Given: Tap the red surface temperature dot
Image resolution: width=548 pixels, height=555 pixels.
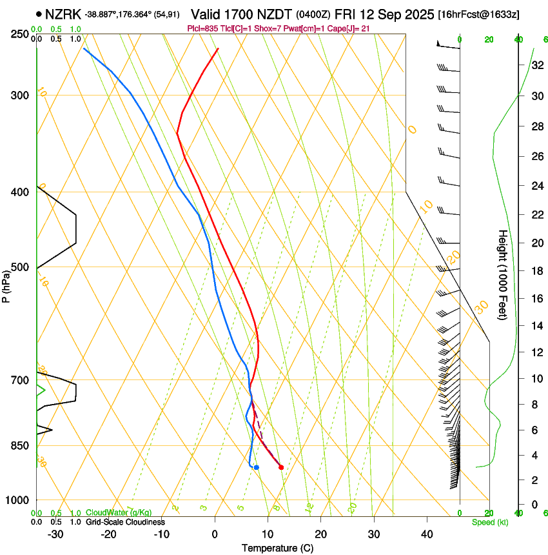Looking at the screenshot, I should click(x=281, y=467).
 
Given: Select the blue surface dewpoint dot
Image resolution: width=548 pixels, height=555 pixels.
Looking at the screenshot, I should click(x=257, y=467).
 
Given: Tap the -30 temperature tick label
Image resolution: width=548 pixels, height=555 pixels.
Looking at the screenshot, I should click(x=55, y=534).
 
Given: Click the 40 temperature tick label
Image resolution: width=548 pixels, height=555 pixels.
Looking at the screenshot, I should click(x=427, y=534).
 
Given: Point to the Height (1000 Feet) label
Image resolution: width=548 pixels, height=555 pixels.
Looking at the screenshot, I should click(x=503, y=274).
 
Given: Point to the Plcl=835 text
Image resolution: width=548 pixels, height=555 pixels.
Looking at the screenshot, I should click(x=202, y=28).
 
